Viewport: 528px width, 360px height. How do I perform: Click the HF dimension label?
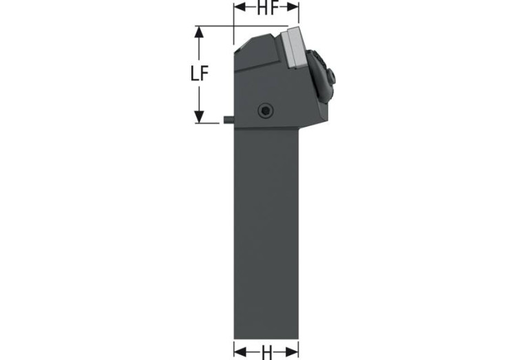tap(267, 8)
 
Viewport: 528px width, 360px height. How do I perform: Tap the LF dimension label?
tap(200, 73)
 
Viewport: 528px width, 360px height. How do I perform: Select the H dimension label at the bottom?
tap(266, 352)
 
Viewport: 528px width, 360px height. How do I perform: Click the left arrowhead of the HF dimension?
tap(240, 8)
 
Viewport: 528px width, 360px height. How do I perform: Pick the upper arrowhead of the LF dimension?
tap(200, 32)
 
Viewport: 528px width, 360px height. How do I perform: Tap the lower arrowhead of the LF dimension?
tap(200, 117)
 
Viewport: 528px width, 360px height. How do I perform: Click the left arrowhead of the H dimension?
tap(240, 352)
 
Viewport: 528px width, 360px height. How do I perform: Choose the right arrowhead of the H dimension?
tap(293, 352)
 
